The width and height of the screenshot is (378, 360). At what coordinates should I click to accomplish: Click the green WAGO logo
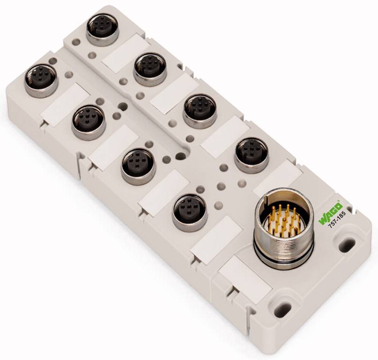pos(331,213)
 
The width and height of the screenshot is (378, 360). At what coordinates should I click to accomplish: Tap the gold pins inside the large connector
pos(281,219)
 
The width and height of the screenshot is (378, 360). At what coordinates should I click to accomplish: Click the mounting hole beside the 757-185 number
pos(347,243)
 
